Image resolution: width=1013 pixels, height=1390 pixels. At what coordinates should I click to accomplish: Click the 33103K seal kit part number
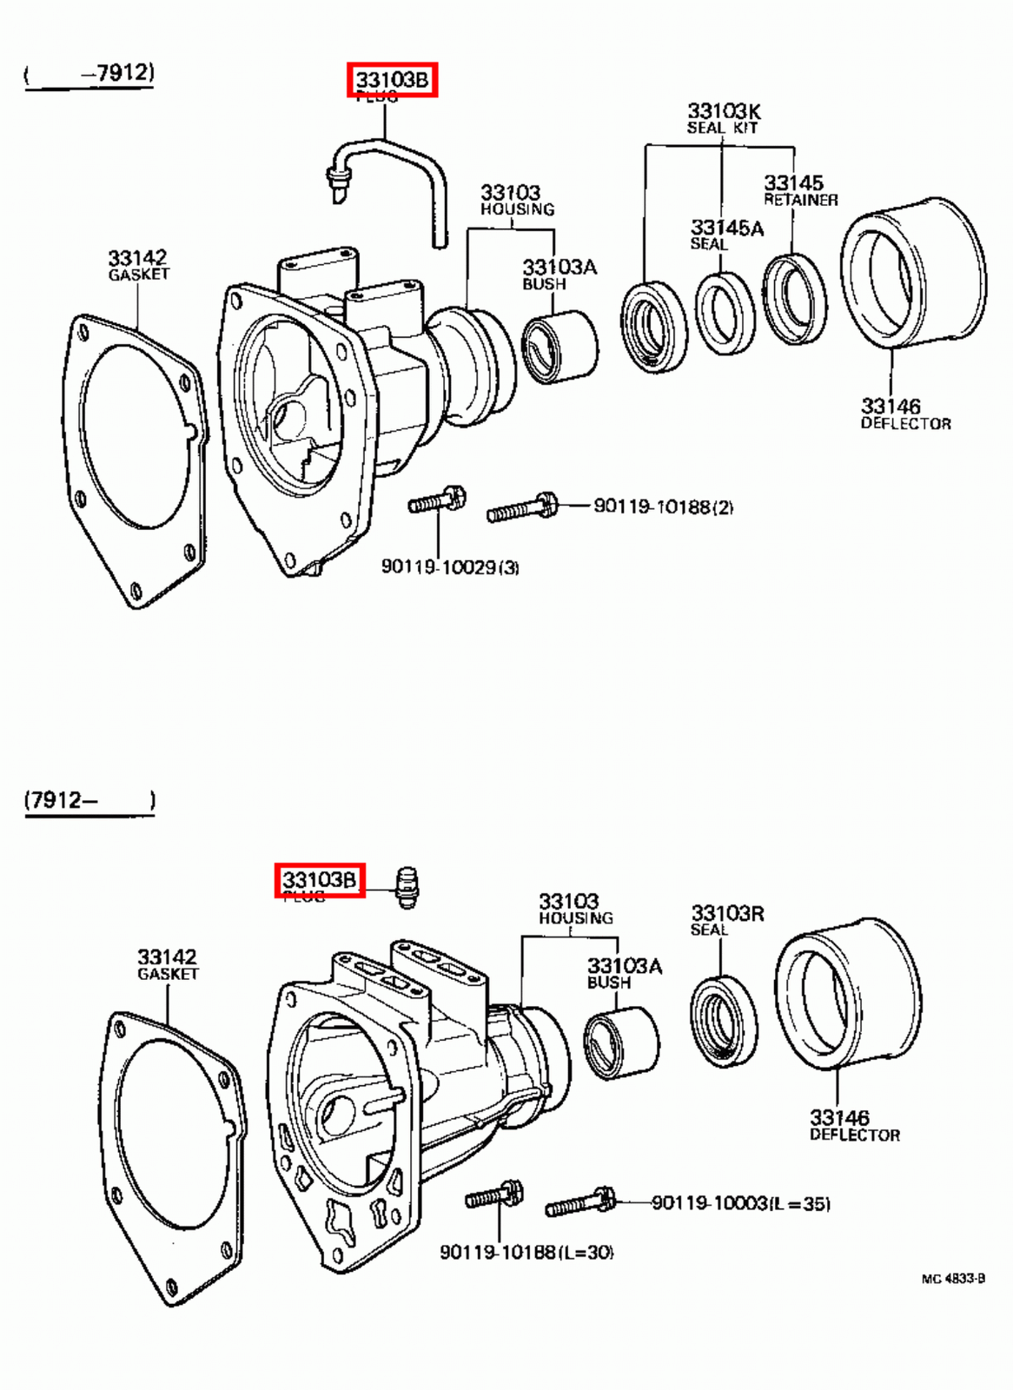(723, 111)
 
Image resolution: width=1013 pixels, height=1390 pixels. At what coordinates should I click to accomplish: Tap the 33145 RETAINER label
(799, 190)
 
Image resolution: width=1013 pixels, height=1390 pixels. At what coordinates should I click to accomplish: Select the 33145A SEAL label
(726, 235)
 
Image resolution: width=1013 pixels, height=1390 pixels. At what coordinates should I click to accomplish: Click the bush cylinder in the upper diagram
(559, 346)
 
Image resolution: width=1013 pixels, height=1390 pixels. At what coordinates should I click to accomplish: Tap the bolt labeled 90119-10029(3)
(436, 500)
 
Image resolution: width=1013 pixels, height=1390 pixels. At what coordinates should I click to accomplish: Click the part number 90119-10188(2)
(662, 506)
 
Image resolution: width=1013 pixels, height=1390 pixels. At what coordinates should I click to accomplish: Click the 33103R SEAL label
(726, 920)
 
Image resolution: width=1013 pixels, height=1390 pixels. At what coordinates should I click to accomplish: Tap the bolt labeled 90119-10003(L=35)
(579, 1205)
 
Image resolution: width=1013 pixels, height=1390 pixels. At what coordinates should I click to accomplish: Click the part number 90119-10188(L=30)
(526, 1252)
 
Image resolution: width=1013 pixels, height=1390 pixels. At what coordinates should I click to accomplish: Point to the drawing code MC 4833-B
(952, 1279)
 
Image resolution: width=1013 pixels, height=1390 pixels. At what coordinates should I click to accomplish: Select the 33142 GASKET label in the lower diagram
(167, 964)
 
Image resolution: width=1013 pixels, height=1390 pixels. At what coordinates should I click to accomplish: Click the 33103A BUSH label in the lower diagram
(623, 973)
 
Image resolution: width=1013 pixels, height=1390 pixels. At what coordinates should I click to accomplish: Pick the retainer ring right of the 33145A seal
(794, 298)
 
